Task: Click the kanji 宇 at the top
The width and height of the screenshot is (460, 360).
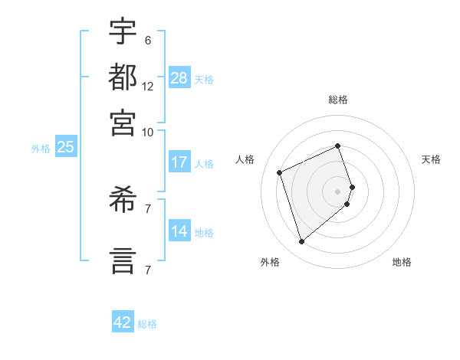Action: tap(123, 31)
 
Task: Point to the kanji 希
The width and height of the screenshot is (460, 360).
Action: tap(123, 204)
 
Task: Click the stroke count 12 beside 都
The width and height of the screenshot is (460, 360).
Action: tap(148, 87)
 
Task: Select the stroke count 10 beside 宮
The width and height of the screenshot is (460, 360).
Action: tap(148, 132)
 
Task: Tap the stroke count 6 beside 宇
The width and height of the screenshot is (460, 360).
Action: tap(147, 41)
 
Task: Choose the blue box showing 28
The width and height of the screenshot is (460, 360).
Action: tap(179, 78)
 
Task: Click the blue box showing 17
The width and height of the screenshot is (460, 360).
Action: tap(179, 162)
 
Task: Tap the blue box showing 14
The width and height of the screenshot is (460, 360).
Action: tap(179, 231)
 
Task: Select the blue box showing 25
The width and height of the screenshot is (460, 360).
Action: tap(65, 147)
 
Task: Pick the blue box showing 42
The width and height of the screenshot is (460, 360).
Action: tap(123, 322)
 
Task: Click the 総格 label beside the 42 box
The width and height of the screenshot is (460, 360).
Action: tap(147, 324)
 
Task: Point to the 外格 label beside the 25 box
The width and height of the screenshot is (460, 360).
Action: tap(41, 149)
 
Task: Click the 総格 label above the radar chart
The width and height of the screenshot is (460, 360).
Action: tap(338, 100)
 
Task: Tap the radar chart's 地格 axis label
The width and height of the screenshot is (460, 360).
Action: tap(402, 262)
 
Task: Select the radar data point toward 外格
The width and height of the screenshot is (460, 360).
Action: tap(301, 242)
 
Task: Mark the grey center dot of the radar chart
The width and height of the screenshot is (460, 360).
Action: tap(338, 191)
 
